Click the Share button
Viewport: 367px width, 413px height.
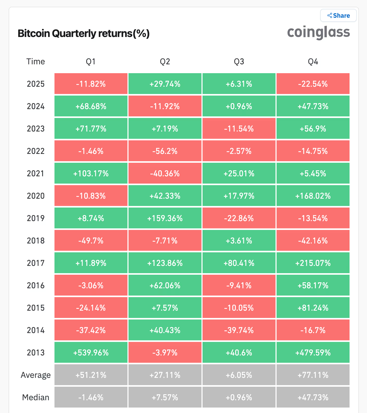click(338, 16)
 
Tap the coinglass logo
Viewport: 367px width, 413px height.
click(318, 33)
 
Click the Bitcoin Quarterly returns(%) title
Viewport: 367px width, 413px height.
click(83, 34)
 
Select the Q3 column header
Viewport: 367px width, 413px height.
click(239, 62)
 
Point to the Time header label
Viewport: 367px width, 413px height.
click(35, 62)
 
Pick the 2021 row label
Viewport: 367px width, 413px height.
click(36, 173)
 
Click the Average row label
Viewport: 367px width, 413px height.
click(36, 375)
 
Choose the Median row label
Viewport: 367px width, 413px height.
click(36, 397)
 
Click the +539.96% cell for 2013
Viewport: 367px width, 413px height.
click(91, 353)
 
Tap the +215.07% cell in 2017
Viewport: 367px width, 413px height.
click(313, 263)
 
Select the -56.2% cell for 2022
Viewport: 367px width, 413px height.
click(165, 151)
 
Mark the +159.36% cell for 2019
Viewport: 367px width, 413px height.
click(165, 218)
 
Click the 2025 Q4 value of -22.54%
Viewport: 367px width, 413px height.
click(313, 84)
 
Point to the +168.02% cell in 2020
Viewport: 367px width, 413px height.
click(313, 196)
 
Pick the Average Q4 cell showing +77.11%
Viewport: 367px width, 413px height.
click(313, 375)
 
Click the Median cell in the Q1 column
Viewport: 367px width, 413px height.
click(91, 397)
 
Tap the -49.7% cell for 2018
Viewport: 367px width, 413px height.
click(91, 241)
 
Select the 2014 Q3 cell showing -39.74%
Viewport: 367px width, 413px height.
click(239, 330)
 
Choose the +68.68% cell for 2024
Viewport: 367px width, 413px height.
click(91, 106)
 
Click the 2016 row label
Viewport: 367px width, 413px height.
click(36, 285)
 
